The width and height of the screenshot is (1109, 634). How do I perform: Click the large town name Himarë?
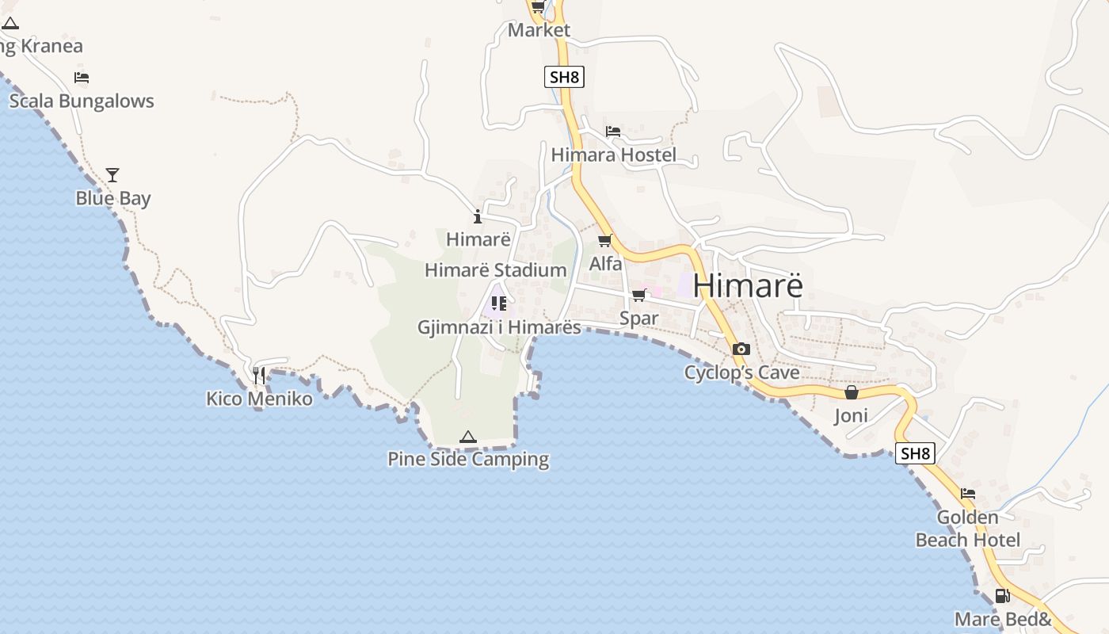point(748,286)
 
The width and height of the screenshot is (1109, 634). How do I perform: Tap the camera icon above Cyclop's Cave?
point(741,349)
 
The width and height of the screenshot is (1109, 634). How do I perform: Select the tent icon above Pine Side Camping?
point(468,437)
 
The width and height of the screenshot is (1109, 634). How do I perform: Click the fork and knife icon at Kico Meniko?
point(259,375)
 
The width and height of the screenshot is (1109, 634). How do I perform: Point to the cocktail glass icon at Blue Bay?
point(112,174)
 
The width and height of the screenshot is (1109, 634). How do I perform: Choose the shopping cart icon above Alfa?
point(605,240)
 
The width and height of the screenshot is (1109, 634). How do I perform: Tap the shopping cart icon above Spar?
point(638,295)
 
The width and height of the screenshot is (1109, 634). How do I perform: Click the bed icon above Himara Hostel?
point(613,131)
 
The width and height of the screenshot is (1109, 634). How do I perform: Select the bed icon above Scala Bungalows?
point(82,77)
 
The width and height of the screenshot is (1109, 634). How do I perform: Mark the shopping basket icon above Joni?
point(852,392)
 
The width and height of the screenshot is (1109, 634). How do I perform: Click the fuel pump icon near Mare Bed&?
point(1002,596)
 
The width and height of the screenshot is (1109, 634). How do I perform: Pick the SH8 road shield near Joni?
point(915,453)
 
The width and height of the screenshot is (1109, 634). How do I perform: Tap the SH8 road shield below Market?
point(565,77)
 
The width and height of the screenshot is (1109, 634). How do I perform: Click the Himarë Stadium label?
point(495,270)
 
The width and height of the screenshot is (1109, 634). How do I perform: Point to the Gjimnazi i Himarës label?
point(499,327)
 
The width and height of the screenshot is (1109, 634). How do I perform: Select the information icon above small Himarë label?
point(478,216)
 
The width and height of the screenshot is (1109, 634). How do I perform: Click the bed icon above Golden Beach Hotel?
point(968,494)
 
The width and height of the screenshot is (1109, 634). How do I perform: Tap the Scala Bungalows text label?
point(82,101)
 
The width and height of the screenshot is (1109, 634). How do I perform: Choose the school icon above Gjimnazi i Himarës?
point(498,303)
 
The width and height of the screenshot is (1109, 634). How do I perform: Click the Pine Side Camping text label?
point(468,460)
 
